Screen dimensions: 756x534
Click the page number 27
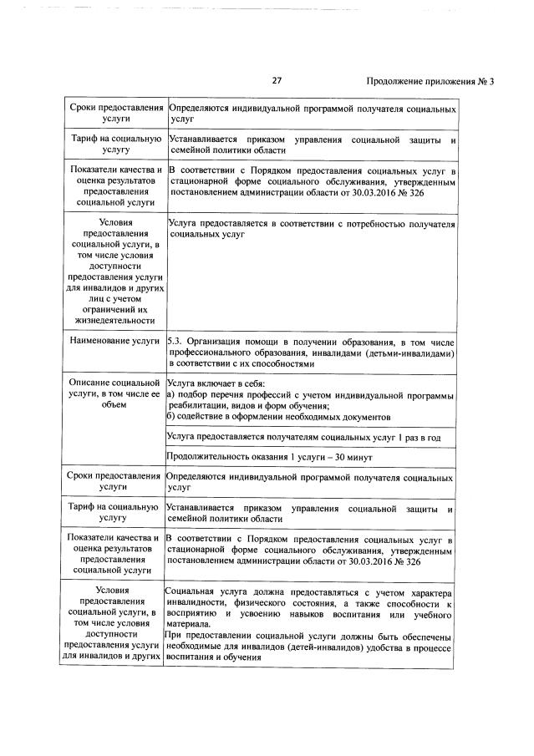[x=277, y=81]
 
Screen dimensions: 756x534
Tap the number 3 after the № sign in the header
[x=492, y=81]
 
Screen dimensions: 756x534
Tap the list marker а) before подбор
[x=170, y=393]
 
